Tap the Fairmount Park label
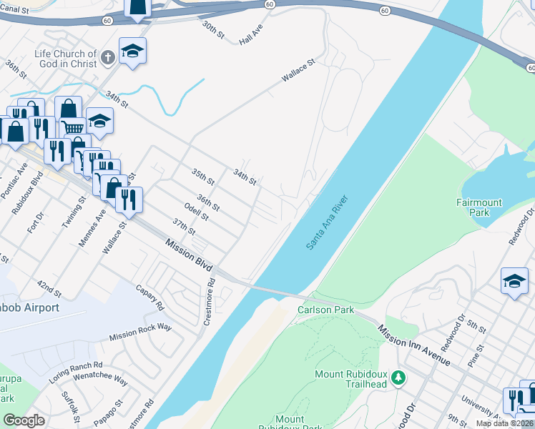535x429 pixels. click(x=479, y=207)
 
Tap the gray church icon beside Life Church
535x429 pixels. click(x=107, y=58)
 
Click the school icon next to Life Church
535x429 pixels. click(x=132, y=51)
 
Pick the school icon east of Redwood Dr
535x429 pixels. click(x=514, y=281)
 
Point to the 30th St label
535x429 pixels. click(x=212, y=30)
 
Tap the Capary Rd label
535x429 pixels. click(x=149, y=297)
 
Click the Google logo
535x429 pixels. click(x=24, y=420)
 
